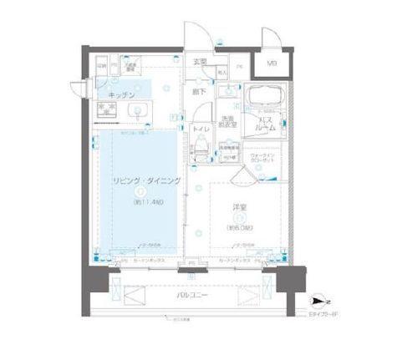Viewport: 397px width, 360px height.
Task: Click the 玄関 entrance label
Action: point(200,63)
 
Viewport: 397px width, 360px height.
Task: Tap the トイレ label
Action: point(201,130)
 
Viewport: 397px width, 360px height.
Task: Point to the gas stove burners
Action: point(105,110)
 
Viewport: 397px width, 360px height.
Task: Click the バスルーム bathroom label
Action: point(267,125)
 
